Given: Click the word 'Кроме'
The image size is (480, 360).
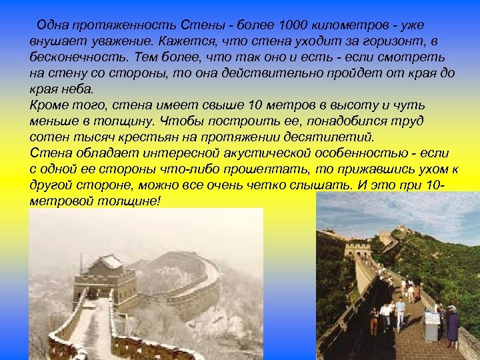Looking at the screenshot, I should point(48,105).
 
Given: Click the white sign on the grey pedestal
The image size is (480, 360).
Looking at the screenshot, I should point(432,317).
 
